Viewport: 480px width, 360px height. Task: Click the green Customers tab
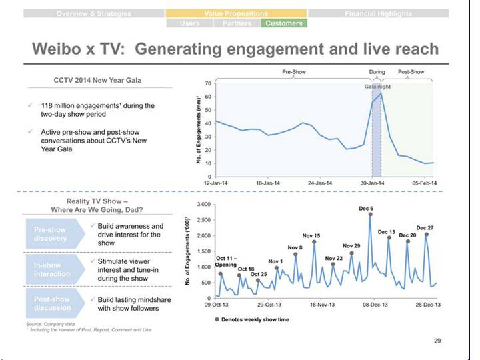(x=283, y=23)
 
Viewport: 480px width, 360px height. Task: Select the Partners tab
(x=237, y=23)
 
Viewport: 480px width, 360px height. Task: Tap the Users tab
(x=189, y=23)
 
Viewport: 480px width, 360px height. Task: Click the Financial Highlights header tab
(x=377, y=13)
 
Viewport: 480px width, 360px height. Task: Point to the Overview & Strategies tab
(x=94, y=13)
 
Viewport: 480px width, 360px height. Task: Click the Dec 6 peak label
(x=366, y=209)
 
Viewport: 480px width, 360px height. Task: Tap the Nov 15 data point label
(x=311, y=235)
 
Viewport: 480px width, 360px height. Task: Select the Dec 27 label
(x=425, y=228)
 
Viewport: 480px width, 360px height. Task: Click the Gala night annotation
(x=377, y=87)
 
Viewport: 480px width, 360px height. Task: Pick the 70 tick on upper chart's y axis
(x=209, y=83)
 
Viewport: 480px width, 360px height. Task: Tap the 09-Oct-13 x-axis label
(x=217, y=305)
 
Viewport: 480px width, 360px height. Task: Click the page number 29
(x=437, y=341)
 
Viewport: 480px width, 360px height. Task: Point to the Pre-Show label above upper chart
(x=294, y=71)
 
